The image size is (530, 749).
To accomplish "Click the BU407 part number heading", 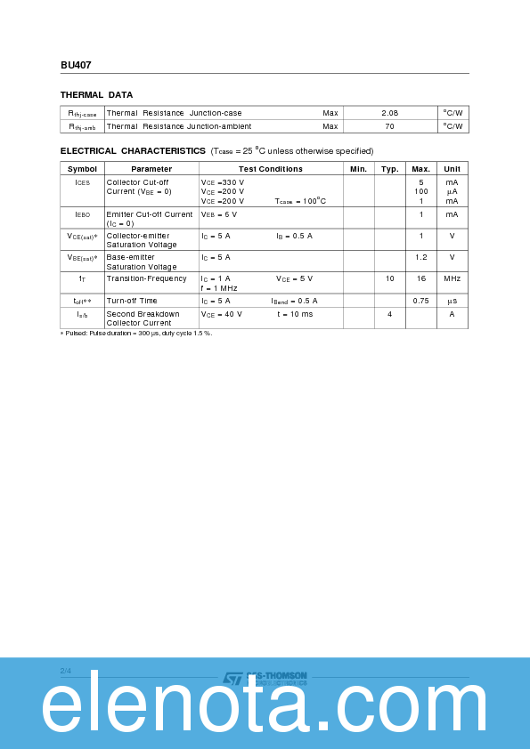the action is [76, 65].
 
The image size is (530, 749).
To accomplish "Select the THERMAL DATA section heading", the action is [96, 94].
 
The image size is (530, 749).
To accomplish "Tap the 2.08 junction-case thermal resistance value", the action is [389, 113].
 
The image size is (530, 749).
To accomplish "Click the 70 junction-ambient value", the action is [389, 126].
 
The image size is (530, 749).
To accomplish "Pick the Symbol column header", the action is [82, 168].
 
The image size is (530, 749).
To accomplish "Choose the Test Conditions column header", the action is [270, 168].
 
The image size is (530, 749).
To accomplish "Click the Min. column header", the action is [358, 168].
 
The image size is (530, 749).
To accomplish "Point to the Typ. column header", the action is [389, 168].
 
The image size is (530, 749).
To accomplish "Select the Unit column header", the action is [452, 168].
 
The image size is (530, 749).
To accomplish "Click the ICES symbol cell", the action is [82, 181].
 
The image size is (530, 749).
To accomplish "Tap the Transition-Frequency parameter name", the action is [146, 278].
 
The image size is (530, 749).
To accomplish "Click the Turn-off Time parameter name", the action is [132, 301].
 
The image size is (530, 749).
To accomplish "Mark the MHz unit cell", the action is [452, 278].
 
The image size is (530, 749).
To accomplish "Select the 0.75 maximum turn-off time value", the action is [420, 301].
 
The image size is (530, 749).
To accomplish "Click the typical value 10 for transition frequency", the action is [389, 278].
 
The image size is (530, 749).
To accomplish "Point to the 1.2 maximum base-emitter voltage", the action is [420, 257].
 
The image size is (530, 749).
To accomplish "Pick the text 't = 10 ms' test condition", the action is [295, 314].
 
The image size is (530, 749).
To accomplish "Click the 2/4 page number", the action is [65, 670].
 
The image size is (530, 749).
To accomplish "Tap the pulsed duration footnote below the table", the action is [136, 333].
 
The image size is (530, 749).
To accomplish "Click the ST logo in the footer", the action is [232, 679].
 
